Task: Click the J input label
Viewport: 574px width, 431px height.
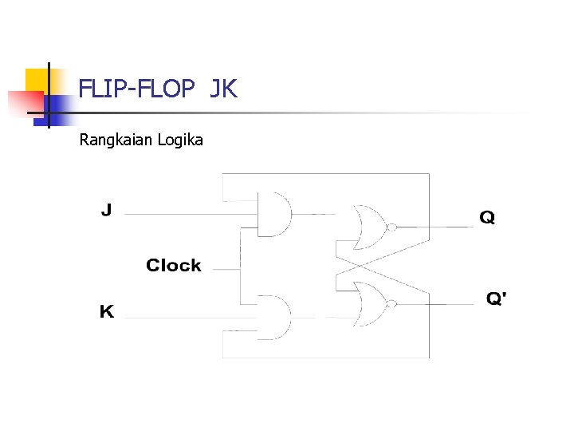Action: pos(106,211)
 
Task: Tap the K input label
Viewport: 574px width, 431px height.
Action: pos(106,311)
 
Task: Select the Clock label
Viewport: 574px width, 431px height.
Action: pos(173,265)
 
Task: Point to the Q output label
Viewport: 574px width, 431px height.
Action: pos(487,217)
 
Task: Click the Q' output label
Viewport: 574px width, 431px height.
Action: pos(497,299)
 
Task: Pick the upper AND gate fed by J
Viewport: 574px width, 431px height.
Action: pos(274,214)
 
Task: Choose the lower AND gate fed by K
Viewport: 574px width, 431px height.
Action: pos(274,318)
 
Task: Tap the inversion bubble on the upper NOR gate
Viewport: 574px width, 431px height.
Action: pos(391,227)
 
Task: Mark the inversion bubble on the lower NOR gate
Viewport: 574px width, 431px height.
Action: pos(391,303)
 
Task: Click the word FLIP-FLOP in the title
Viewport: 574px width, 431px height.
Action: pos(136,89)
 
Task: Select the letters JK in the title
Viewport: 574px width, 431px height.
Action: pos(224,89)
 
